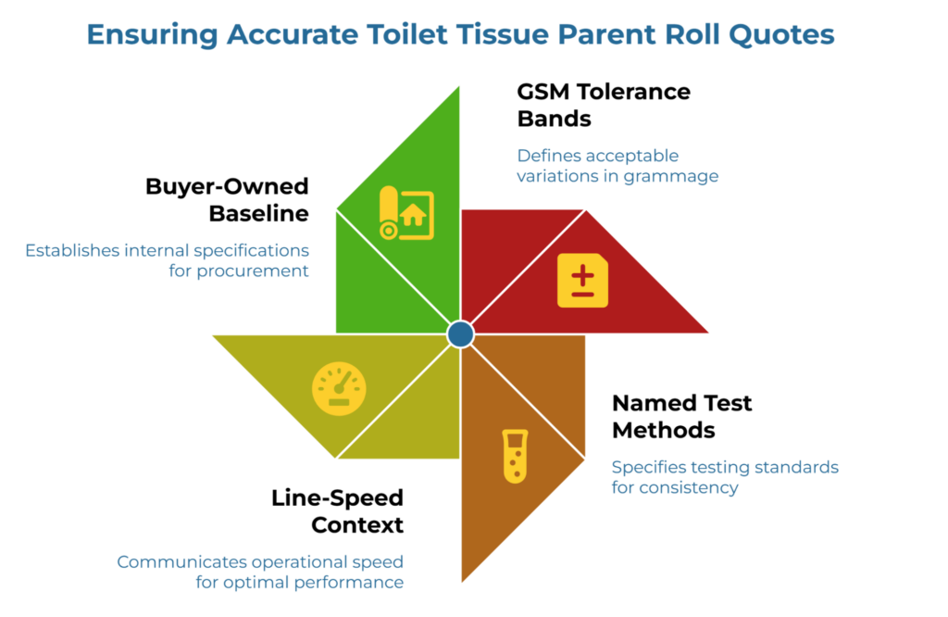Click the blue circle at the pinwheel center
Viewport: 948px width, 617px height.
pos(460,334)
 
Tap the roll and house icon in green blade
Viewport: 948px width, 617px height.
pos(405,217)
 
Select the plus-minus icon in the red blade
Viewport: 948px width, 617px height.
pos(582,280)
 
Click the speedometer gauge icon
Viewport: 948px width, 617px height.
pos(339,388)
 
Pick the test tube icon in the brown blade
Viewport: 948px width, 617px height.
pos(515,456)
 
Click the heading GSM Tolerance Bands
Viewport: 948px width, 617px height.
pos(604,105)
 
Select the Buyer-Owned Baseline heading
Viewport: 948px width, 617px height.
pos(227,199)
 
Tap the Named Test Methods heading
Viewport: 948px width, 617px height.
pos(681,416)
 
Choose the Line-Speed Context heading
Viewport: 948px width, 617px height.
pos(337,510)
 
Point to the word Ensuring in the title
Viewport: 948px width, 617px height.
pos(148,35)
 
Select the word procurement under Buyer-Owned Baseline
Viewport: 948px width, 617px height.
pos(252,271)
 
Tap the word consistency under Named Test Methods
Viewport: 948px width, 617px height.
pos(691,487)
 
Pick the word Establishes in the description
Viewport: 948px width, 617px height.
pos(72,250)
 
